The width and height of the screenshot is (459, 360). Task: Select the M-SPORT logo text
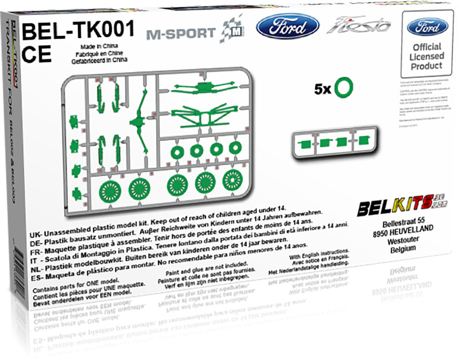click(181, 33)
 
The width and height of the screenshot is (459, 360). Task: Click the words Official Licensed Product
click(427, 56)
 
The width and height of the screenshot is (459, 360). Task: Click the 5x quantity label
click(323, 89)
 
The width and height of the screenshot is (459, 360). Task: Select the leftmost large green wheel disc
click(109, 188)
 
